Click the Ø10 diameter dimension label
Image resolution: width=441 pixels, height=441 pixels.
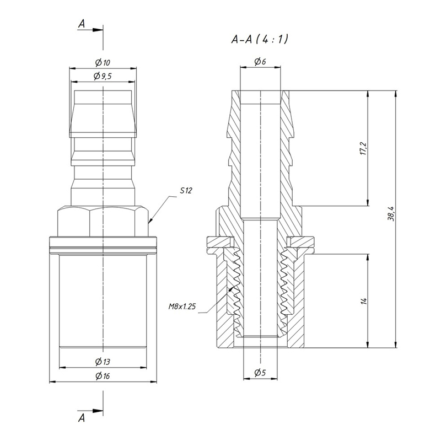[x=103, y=62]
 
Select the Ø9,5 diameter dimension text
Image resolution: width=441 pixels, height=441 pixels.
[x=103, y=76]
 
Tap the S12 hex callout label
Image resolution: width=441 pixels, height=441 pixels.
[x=186, y=190]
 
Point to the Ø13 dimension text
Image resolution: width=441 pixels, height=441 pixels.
[x=103, y=362]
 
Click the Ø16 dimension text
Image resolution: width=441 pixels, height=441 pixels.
[x=103, y=375]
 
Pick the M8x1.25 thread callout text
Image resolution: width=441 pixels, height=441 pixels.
[x=182, y=306]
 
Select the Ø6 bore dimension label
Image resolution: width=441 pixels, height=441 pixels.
[x=260, y=61]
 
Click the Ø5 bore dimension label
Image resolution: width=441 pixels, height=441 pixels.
[x=260, y=373]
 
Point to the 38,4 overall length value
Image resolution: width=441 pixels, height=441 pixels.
[x=391, y=214]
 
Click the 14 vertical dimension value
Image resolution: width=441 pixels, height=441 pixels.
[x=364, y=301]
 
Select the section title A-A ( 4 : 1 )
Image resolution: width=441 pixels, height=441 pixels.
[x=260, y=39]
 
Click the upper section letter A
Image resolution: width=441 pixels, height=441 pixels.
[x=82, y=24]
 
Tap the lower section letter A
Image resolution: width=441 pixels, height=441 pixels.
[x=82, y=418]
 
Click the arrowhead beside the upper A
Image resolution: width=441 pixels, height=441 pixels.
[x=98, y=30]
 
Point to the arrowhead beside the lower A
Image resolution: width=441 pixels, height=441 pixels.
[x=98, y=411]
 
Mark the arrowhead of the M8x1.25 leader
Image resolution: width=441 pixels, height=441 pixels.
[x=232, y=288]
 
